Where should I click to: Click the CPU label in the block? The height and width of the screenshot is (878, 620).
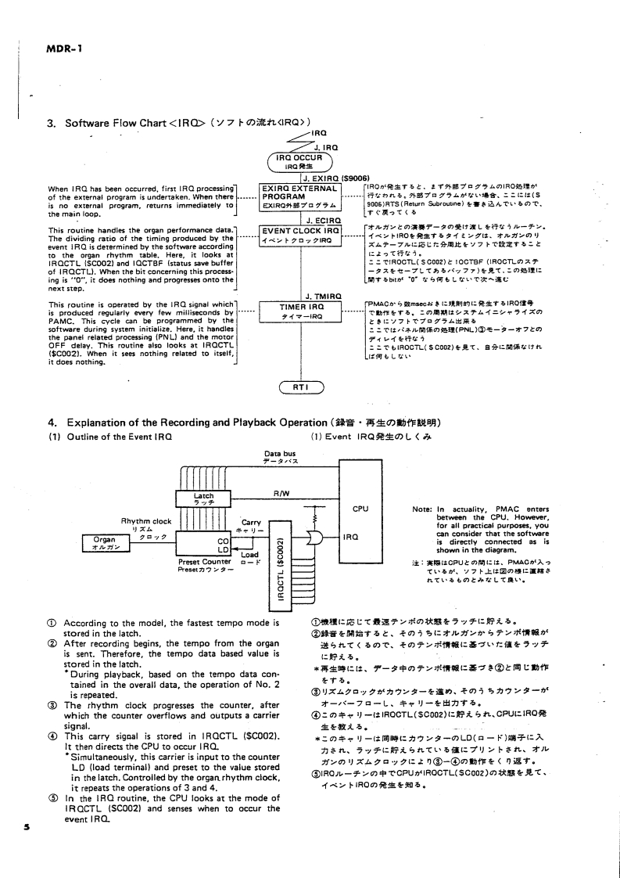[x=360, y=509]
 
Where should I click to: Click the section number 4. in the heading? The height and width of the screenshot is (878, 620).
[x=52, y=423]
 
